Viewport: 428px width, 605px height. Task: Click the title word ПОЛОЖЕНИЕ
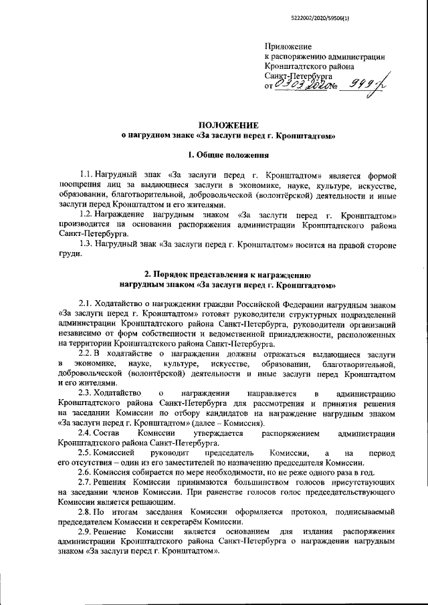(x=227, y=125)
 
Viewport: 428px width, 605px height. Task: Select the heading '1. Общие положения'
(x=227, y=156)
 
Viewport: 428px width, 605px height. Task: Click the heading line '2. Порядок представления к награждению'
(x=227, y=275)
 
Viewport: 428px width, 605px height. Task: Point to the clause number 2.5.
(x=87, y=454)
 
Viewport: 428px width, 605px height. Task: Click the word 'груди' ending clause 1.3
(x=69, y=254)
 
